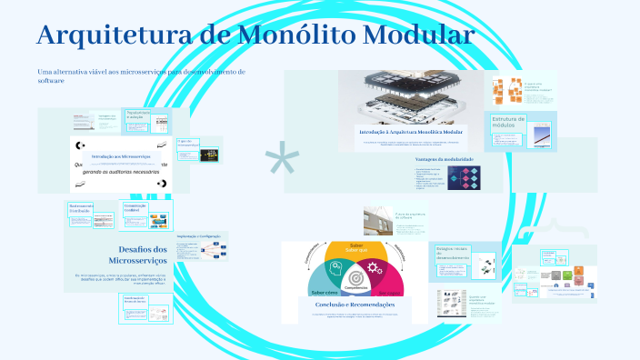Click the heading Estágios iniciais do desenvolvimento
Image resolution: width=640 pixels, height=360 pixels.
coord(452,251)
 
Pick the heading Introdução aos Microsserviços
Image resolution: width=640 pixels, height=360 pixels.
coord(122,156)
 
